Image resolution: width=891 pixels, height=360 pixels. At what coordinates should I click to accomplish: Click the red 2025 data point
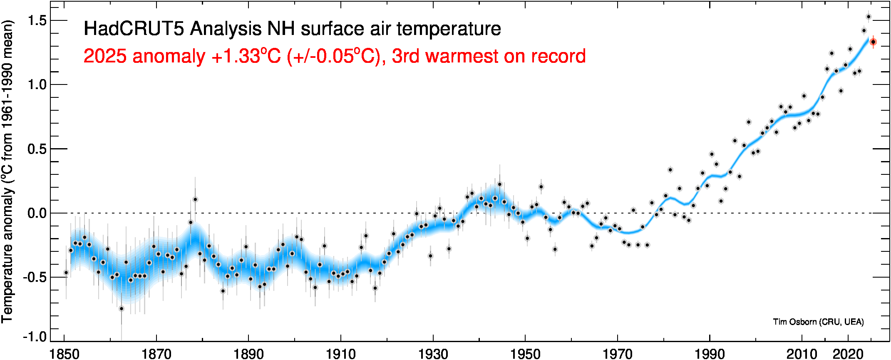click(x=873, y=42)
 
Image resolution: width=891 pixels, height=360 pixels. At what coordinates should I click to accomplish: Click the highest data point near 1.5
click(x=869, y=17)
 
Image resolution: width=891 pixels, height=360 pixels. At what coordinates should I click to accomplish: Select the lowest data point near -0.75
click(x=122, y=309)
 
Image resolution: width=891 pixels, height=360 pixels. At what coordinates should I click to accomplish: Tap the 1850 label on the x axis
click(x=65, y=354)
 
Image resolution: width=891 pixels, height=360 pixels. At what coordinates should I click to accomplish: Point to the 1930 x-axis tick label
click(x=433, y=354)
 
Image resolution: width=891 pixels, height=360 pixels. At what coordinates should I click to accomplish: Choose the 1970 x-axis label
click(x=618, y=354)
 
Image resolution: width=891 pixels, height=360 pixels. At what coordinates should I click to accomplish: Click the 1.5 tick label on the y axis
click(x=37, y=21)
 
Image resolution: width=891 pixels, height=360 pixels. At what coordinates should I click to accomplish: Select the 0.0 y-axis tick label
click(x=37, y=214)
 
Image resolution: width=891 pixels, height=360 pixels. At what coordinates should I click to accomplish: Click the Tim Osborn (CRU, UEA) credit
click(x=818, y=322)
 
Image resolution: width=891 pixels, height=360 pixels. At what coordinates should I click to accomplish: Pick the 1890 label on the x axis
click(x=249, y=354)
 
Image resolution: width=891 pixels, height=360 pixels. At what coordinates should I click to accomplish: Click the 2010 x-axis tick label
click(x=802, y=354)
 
